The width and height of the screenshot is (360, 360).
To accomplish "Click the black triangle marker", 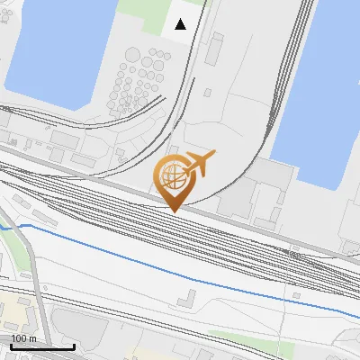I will click(x=181, y=24).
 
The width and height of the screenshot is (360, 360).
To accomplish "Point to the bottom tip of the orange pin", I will click(x=174, y=211).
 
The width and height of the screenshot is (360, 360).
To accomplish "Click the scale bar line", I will click(x=41, y=347).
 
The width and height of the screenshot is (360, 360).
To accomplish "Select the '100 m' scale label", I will click(x=24, y=338).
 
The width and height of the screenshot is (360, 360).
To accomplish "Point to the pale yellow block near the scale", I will click(x=16, y=310).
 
